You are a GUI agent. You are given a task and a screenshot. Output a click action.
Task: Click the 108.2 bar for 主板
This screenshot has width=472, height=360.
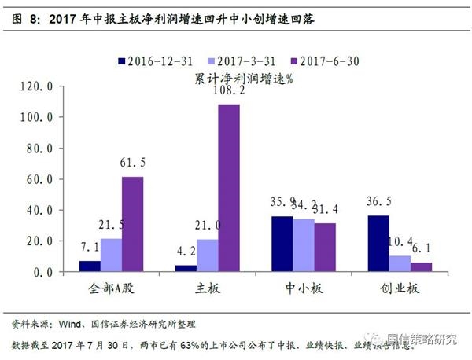(229, 188)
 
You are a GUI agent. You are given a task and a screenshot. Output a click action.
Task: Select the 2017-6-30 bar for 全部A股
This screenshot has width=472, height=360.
(132, 224)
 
